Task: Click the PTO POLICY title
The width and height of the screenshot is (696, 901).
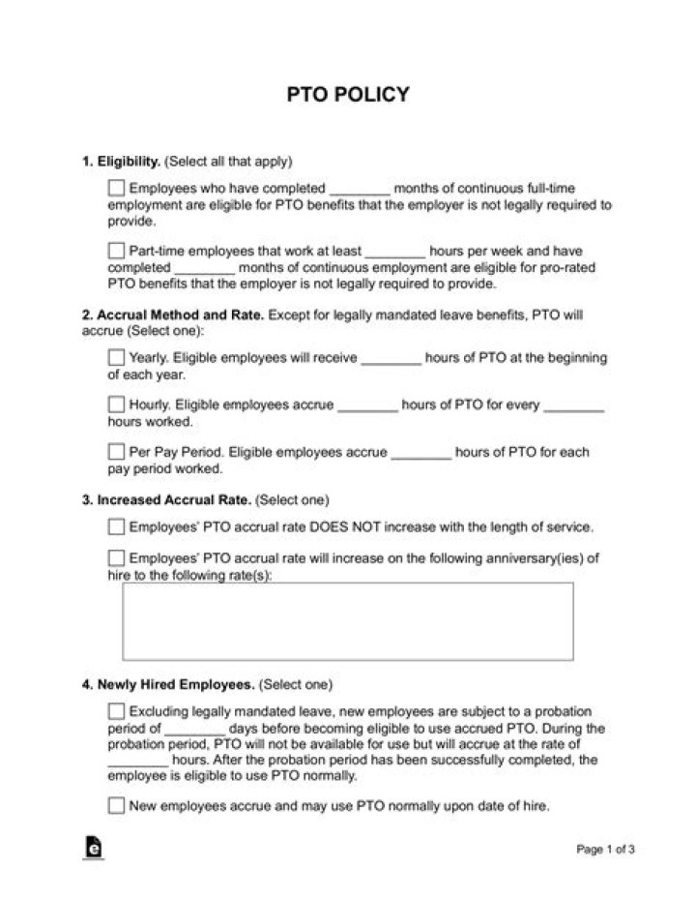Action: tap(348, 94)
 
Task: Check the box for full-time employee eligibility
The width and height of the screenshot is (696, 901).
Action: tap(117, 188)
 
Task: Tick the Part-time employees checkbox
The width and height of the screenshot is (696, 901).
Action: tap(117, 250)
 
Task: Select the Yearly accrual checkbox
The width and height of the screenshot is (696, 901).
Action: tap(117, 357)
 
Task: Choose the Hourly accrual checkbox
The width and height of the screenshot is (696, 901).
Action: tap(117, 405)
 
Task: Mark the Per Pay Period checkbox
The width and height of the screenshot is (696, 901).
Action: tap(117, 451)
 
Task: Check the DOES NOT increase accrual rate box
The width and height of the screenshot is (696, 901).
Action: tap(117, 527)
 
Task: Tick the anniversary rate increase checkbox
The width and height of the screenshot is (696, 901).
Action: tap(117, 558)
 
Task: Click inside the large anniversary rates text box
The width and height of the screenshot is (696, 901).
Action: tap(347, 620)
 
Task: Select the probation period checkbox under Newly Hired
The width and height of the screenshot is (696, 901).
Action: tap(117, 711)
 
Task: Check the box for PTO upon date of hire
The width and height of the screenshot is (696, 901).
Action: tap(117, 805)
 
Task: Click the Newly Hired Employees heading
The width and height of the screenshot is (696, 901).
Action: tap(168, 684)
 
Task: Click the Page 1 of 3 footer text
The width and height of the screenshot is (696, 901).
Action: tap(605, 851)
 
